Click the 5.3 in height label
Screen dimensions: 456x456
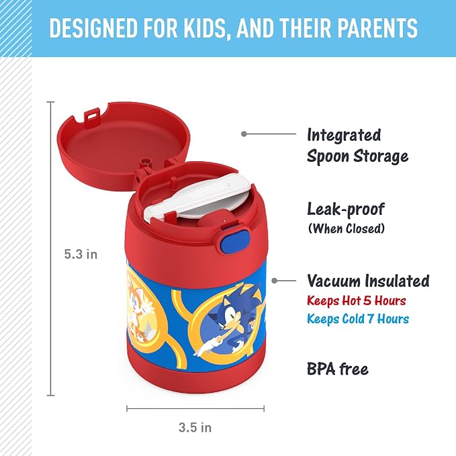(81, 255)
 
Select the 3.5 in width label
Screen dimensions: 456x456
(195, 427)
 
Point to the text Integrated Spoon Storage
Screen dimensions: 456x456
(357, 146)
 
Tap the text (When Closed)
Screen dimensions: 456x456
(346, 228)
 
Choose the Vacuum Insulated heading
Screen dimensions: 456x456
(368, 280)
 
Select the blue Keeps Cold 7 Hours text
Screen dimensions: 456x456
(358, 318)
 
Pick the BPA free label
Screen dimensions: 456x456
(338, 368)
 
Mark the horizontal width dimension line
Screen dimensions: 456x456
(195, 408)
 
